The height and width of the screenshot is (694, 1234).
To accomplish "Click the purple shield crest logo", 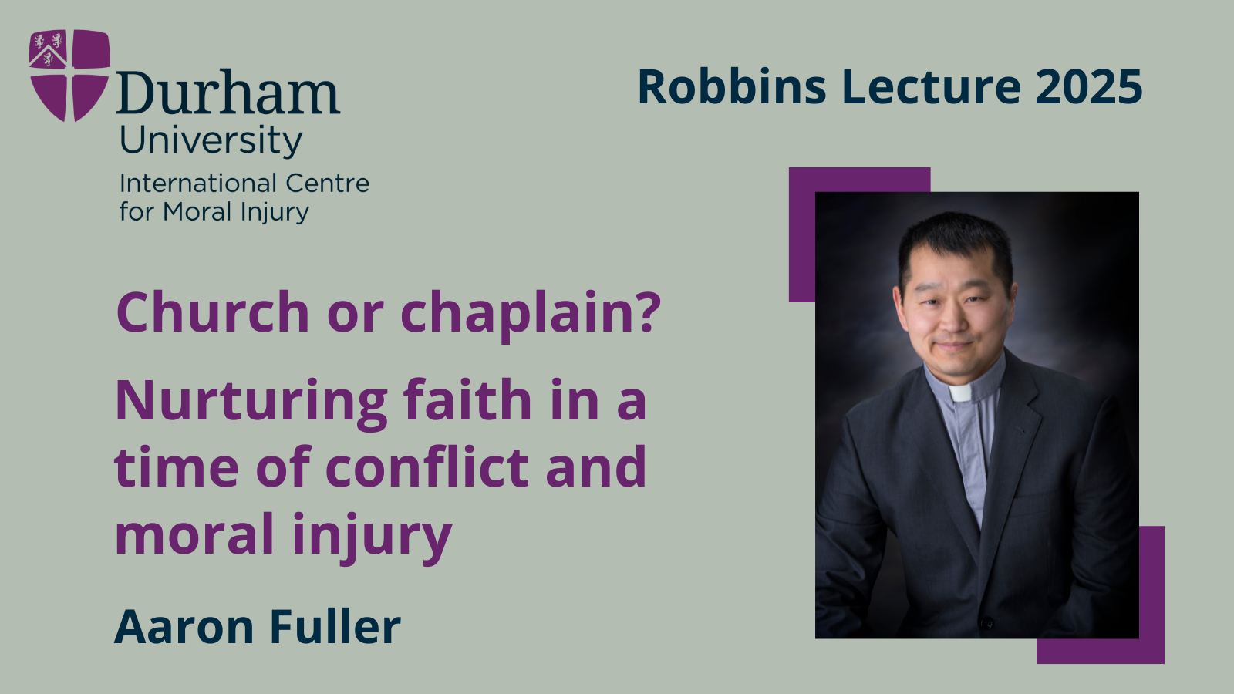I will point(69,75).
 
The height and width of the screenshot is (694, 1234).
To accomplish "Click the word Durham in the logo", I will point(228,94).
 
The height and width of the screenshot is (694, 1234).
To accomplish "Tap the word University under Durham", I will point(211,140).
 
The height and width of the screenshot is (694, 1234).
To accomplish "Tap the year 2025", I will point(1088,86).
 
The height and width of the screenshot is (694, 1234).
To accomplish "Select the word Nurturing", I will point(251,401).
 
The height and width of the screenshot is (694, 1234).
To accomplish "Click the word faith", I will point(467,400).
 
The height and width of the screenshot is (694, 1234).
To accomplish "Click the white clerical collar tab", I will point(960,393).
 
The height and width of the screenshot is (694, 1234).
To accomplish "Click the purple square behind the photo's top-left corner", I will point(802,231).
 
